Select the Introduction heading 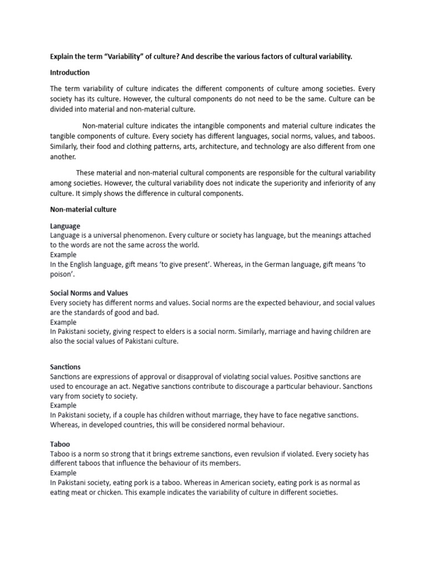coord(70,73)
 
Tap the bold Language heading coord(65,226)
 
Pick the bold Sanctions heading coord(65,367)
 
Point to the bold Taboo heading coord(60,444)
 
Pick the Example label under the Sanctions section coord(64,405)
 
